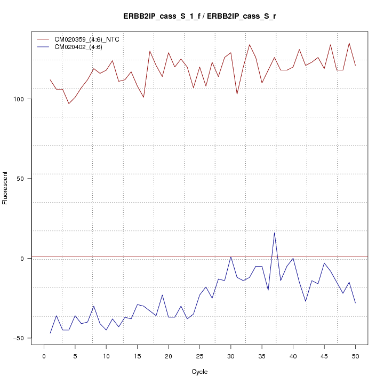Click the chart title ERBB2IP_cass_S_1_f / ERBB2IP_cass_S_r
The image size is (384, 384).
tap(199, 17)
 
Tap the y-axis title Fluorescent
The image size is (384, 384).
tap(6, 188)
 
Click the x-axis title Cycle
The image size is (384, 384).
tap(199, 372)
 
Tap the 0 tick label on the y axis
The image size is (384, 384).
tap(21, 259)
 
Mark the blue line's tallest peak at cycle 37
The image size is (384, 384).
tap(274, 233)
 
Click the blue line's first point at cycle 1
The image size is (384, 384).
tap(50, 333)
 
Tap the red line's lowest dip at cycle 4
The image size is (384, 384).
tap(69, 103)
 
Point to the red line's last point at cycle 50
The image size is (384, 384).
tap(355, 66)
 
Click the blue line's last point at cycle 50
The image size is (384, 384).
tap(355, 303)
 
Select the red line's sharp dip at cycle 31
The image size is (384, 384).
tap(237, 94)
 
